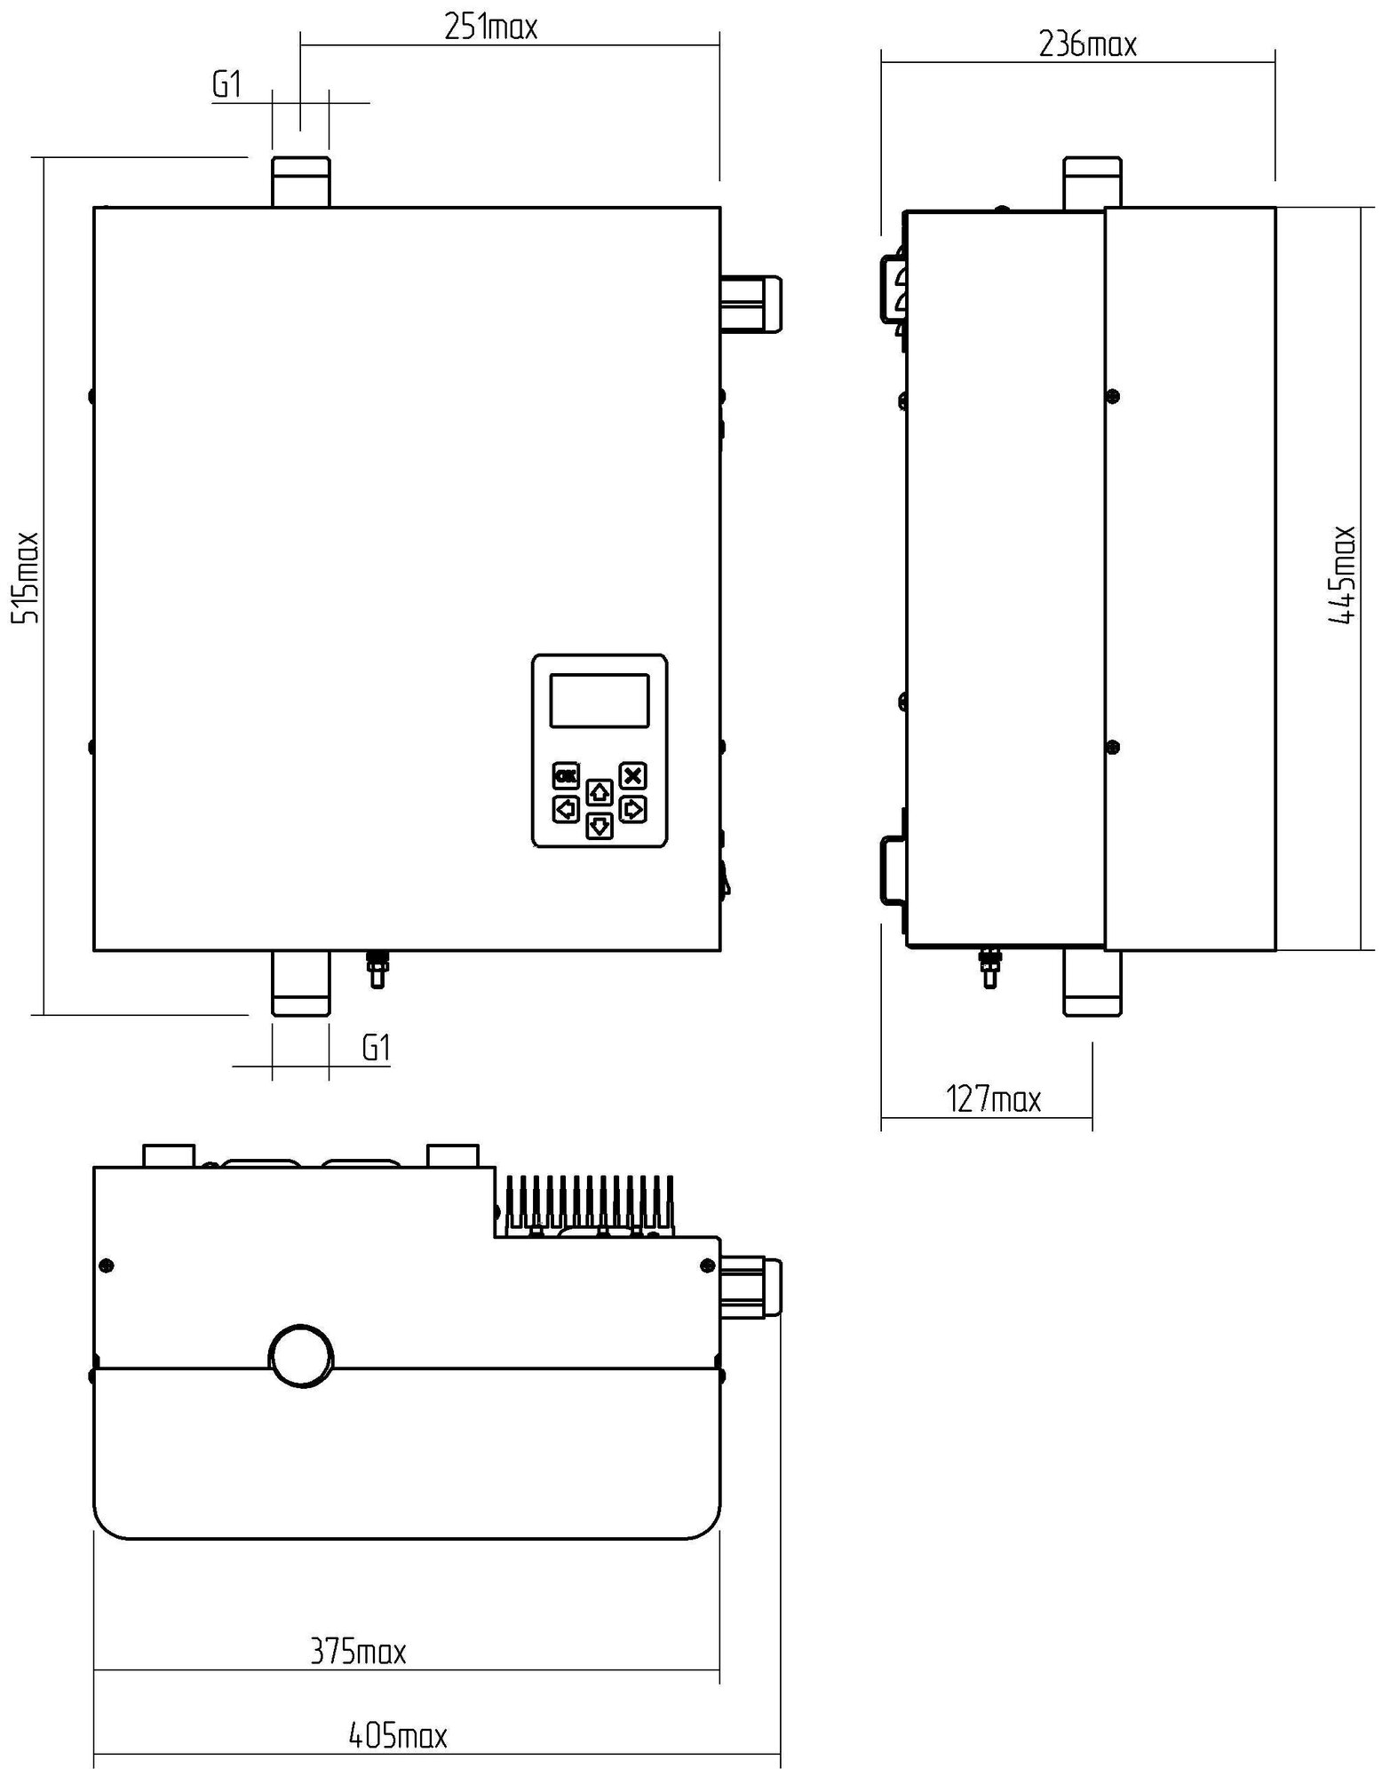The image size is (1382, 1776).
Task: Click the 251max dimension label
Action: coord(490,28)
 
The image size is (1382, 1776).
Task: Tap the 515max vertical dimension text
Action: coord(25,577)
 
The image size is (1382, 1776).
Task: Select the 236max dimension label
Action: coord(1087,44)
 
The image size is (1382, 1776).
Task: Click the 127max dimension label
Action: coord(993,1099)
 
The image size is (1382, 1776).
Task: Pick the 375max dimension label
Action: coord(358,1652)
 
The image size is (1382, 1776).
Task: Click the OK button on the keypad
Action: coord(566,776)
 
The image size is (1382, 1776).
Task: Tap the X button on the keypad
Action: coord(632,776)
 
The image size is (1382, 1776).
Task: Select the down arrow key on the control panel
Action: coord(600,826)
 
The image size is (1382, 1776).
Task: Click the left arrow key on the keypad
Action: coord(566,809)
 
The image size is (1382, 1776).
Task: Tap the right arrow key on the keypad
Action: coord(632,809)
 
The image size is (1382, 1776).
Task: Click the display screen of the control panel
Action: coord(600,701)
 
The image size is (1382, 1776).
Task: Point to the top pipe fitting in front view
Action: coord(300,182)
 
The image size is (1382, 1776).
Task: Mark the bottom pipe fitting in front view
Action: coord(300,983)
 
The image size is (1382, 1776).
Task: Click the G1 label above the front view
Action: coord(226,85)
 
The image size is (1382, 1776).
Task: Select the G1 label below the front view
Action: coord(377,1049)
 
